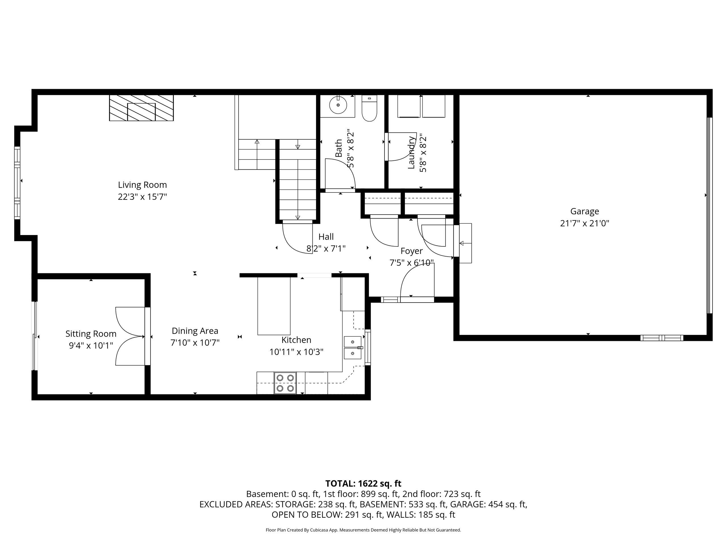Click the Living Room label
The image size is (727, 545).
142,185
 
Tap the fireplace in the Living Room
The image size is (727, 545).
141,108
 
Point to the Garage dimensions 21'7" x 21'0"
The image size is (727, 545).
584,224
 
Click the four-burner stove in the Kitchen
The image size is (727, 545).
285,383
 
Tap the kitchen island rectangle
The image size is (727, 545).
274,306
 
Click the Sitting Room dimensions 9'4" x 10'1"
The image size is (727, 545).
91,346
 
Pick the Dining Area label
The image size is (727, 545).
195,331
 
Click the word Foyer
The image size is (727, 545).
411,251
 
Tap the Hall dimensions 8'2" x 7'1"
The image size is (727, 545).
326,249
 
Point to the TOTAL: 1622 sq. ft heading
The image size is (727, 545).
363,484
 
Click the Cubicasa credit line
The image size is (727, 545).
363,530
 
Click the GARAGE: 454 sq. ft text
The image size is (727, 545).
488,504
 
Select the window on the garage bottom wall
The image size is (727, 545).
662,338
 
